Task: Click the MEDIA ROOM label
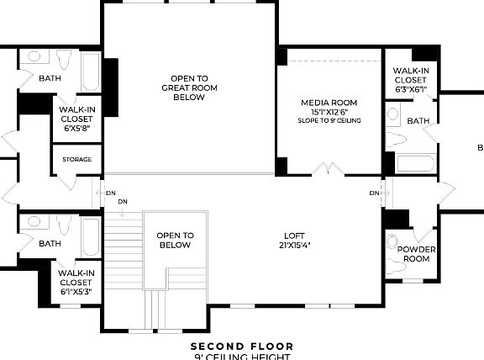(x=329, y=103)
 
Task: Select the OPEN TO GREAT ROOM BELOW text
(x=189, y=87)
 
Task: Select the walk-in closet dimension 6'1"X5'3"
(x=76, y=293)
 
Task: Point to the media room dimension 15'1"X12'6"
(x=329, y=112)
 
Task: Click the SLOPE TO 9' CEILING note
(x=329, y=121)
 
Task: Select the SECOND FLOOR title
(x=242, y=346)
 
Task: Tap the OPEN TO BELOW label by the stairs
(x=175, y=241)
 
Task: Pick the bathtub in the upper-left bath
(x=91, y=75)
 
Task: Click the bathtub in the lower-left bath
(x=91, y=238)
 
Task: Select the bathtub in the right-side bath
(x=414, y=163)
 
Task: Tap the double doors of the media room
(x=328, y=169)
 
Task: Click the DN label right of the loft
(x=374, y=193)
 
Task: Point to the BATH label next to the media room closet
(x=418, y=121)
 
